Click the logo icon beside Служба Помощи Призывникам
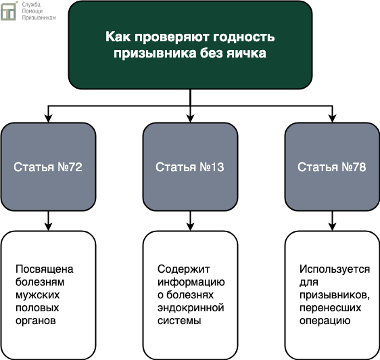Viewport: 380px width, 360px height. tap(9, 11)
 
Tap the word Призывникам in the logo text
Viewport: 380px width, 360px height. tap(39, 18)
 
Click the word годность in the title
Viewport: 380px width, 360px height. tap(244, 37)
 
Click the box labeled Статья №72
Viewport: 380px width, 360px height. tap(48, 166)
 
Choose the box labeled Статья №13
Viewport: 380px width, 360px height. tap(190, 166)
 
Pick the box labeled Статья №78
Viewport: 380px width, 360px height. tap(332, 166)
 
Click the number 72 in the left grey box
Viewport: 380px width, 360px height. tap(75, 167)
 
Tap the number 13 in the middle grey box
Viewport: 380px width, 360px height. tap(218, 167)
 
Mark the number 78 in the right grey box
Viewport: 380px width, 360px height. tap(360, 167)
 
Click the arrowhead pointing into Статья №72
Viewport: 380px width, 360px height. tap(48, 118)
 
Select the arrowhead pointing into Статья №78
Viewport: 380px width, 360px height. tap(332, 118)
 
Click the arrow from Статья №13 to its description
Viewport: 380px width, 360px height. tap(190, 221)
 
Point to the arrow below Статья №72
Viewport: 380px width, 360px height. tap(48, 221)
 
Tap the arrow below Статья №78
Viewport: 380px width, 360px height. tap(332, 221)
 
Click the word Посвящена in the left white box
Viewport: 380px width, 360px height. tap(45, 269)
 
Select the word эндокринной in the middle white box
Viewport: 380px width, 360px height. tap(191, 308)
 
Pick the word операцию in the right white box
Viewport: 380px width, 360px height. tap(325, 321)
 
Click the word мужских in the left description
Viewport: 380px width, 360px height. tap(38, 295)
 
